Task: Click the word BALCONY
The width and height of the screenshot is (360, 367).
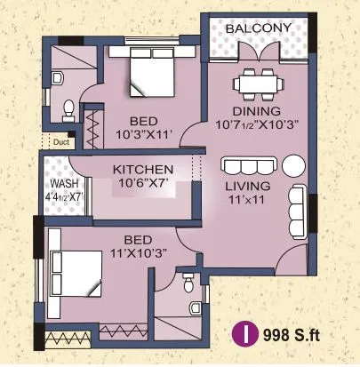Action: (259, 28)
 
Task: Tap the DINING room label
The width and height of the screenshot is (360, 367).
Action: (257, 111)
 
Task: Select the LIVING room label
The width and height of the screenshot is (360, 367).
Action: (248, 187)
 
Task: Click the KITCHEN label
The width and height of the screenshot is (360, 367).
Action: (143, 170)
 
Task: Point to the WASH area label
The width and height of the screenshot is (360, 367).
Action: (64, 183)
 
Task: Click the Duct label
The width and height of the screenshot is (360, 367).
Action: (61, 142)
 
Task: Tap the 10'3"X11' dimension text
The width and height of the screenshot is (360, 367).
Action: (144, 135)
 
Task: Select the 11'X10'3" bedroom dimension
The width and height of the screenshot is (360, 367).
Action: (139, 253)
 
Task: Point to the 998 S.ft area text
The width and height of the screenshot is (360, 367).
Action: (292, 335)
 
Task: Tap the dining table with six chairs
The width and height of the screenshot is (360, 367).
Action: (258, 84)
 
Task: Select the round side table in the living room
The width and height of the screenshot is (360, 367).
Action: (293, 165)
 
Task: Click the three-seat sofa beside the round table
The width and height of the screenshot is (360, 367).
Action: (248, 166)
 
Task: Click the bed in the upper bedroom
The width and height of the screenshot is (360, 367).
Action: (151, 73)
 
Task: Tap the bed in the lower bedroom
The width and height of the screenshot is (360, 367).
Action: (76, 273)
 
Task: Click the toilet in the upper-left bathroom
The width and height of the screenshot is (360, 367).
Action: (68, 111)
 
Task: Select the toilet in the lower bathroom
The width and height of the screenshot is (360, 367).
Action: (188, 283)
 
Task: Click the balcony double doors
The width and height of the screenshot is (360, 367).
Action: (259, 52)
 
